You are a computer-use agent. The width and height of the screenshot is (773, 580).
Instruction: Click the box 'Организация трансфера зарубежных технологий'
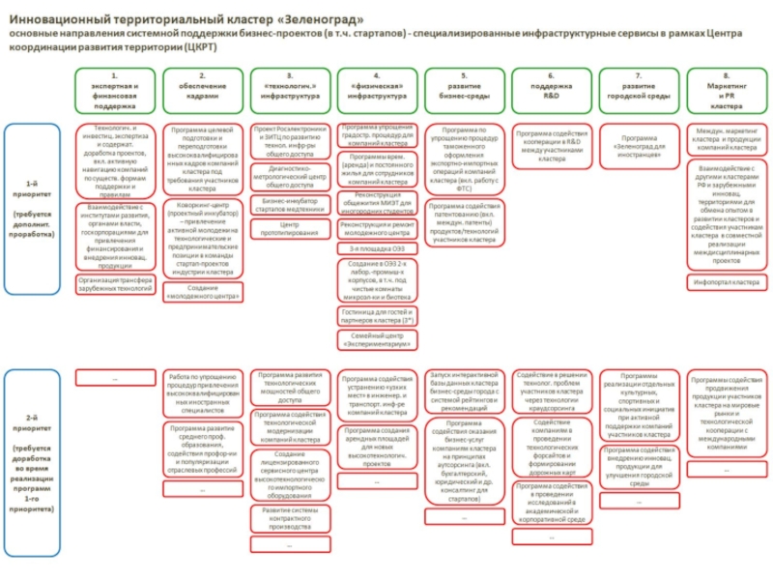[x=115, y=283]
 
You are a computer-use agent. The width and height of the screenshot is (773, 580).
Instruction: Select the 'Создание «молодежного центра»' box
[x=202, y=292]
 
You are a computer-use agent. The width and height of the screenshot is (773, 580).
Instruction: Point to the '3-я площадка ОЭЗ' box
[x=377, y=248]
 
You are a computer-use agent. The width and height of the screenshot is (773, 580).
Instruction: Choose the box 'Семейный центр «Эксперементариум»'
[x=377, y=338]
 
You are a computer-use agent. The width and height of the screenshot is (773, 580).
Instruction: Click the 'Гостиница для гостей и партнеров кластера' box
[x=377, y=316]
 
